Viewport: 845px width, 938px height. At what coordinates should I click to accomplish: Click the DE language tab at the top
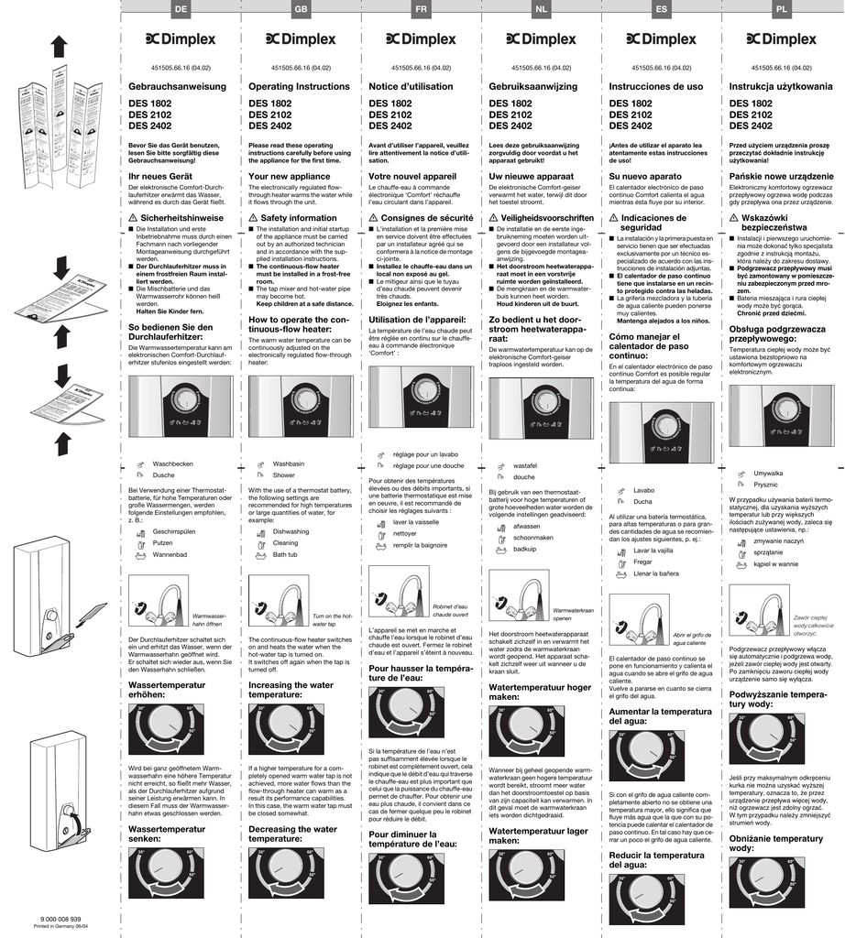181,8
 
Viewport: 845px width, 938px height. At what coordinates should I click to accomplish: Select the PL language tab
781,8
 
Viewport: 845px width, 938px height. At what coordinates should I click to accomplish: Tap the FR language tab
421,8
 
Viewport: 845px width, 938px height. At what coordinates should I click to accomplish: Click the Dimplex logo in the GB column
301,39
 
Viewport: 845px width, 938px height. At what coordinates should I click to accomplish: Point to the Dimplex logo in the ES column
661,39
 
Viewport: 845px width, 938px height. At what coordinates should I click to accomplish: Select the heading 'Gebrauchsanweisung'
177,86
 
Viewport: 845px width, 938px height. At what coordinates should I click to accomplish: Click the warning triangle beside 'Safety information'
253,218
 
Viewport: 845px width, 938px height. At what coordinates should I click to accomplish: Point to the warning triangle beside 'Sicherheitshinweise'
133,218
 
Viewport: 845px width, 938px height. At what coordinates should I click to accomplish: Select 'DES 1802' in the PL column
751,104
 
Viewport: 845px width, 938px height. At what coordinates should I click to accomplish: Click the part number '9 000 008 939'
61,918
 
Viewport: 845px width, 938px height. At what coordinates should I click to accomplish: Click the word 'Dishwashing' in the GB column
291,531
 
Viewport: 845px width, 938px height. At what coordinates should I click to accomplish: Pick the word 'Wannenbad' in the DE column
170,554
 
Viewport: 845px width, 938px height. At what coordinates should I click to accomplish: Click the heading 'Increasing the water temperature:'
290,690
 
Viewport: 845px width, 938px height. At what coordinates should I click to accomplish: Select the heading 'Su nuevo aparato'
645,175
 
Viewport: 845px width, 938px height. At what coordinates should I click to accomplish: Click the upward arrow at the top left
59,46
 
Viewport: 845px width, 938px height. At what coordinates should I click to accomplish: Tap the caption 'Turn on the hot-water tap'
334,620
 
